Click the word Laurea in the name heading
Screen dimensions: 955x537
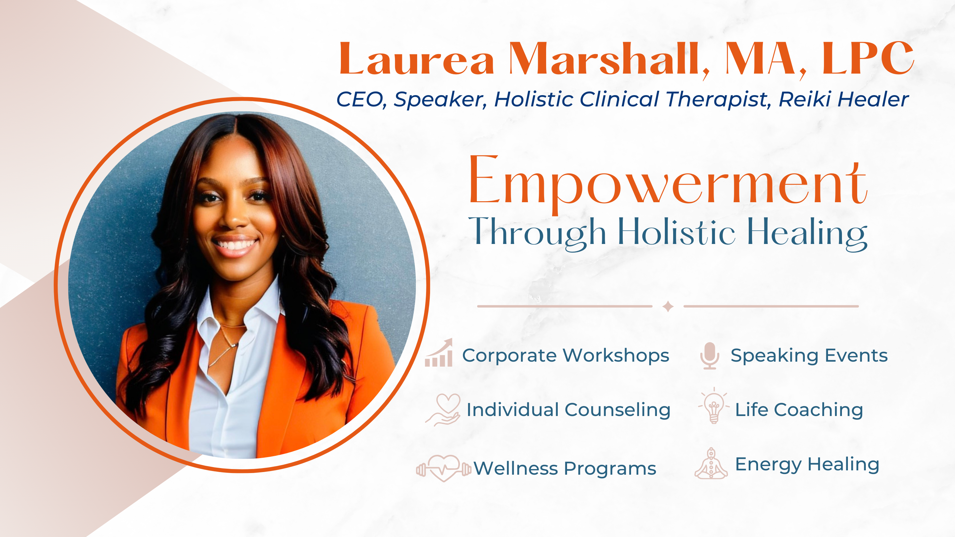click(416, 59)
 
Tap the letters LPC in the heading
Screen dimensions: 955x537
click(868, 59)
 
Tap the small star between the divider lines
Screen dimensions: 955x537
click(668, 307)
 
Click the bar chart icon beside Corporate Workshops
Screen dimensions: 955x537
click(439, 352)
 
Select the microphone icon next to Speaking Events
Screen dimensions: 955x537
click(710, 355)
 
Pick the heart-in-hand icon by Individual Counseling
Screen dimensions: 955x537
click(443, 409)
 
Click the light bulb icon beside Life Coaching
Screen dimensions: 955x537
click(714, 406)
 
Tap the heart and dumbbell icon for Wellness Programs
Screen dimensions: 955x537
click(443, 468)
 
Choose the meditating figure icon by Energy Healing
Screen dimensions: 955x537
click(711, 464)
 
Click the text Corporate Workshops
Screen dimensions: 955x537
click(566, 356)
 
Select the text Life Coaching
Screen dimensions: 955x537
click(799, 410)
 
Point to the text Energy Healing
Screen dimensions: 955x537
click(807, 464)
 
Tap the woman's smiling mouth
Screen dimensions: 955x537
click(235, 245)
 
